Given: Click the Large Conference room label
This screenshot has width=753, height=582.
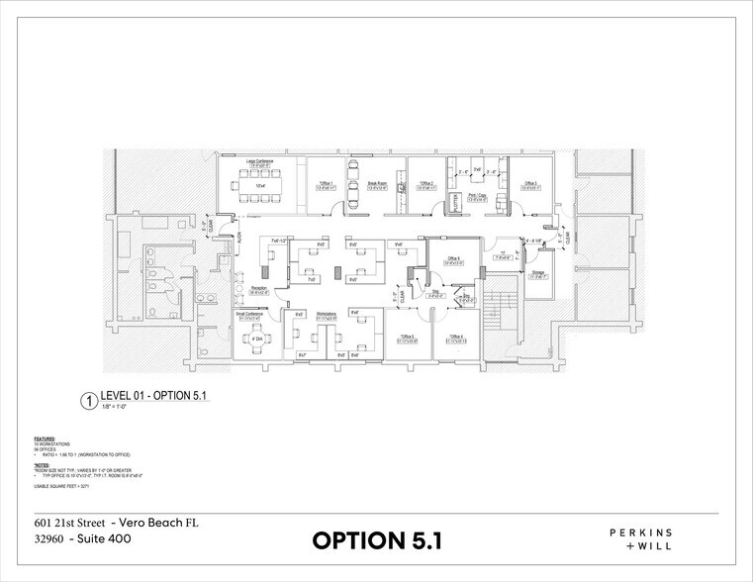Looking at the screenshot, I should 259,161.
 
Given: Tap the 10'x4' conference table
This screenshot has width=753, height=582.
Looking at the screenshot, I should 260,186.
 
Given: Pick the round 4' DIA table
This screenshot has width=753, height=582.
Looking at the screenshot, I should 257,339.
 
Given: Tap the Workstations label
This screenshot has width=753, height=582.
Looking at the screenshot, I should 328,316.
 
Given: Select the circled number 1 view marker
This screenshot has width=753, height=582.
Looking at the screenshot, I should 89,402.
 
